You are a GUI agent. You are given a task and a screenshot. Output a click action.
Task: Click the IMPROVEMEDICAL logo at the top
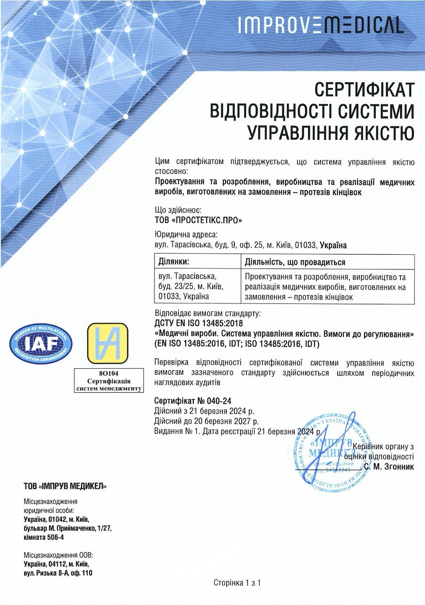click(x=321, y=25)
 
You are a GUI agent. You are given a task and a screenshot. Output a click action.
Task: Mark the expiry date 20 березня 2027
click(x=222, y=421)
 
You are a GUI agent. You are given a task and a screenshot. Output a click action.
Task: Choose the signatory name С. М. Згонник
click(x=389, y=467)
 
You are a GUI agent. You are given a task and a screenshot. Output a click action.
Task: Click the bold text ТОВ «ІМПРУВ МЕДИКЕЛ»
click(x=65, y=486)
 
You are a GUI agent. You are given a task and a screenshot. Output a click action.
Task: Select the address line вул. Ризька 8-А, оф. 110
click(x=58, y=573)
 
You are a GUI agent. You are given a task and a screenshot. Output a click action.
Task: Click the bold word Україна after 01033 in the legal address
click(x=333, y=245)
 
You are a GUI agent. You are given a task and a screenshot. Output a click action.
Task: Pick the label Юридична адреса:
click(x=186, y=235)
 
